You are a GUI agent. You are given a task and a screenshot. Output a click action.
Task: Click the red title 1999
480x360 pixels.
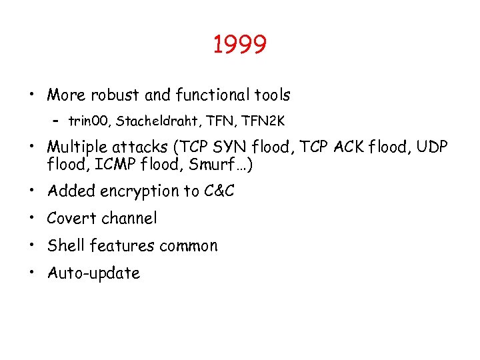[x=240, y=45]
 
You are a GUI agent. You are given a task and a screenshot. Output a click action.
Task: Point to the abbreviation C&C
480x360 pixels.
[x=219, y=191]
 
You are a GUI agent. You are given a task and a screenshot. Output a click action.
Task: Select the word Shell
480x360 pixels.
[x=65, y=245]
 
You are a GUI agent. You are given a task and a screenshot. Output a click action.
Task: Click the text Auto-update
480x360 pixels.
[x=93, y=273]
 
